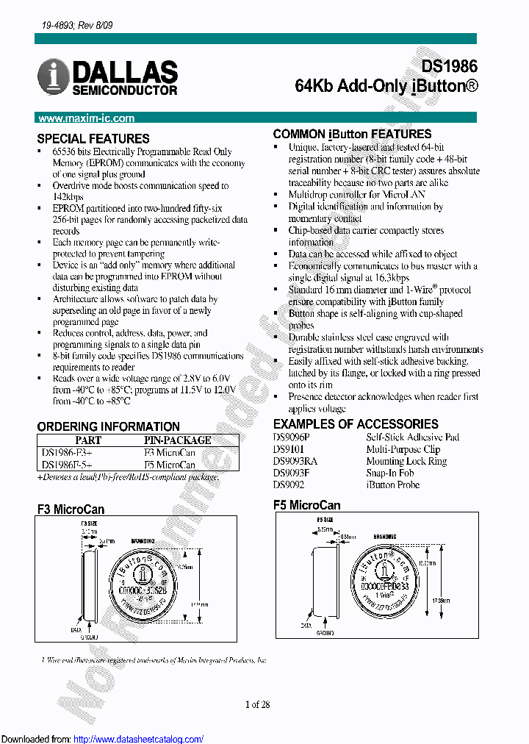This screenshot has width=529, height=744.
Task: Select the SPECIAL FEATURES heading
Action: (x=93, y=138)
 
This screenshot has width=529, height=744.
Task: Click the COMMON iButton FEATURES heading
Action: (x=352, y=134)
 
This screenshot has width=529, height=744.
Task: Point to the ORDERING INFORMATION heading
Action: (x=108, y=426)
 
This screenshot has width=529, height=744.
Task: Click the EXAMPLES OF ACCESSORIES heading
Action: (x=356, y=424)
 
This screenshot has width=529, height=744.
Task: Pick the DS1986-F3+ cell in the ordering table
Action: (x=68, y=452)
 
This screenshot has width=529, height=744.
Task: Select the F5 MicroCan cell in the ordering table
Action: (x=169, y=465)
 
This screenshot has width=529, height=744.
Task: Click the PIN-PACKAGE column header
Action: (x=176, y=440)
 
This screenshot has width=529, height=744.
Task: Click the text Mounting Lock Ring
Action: (x=406, y=461)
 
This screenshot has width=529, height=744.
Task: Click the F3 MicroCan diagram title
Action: (x=71, y=509)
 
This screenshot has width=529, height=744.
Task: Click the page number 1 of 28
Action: (x=258, y=704)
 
